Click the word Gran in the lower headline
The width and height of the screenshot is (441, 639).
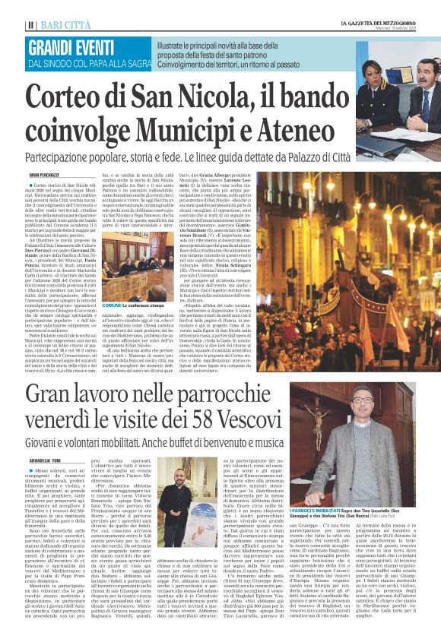(56, 395)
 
